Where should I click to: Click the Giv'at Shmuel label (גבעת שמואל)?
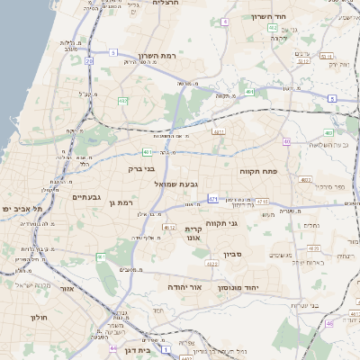tap(175, 184)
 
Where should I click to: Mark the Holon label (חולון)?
tap(38, 318)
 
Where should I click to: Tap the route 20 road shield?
tap(89, 61)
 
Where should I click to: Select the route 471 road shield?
tap(213, 198)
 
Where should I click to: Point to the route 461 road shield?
tap(101, 257)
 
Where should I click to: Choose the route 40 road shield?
tap(286, 141)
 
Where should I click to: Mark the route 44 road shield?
tap(113, 347)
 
